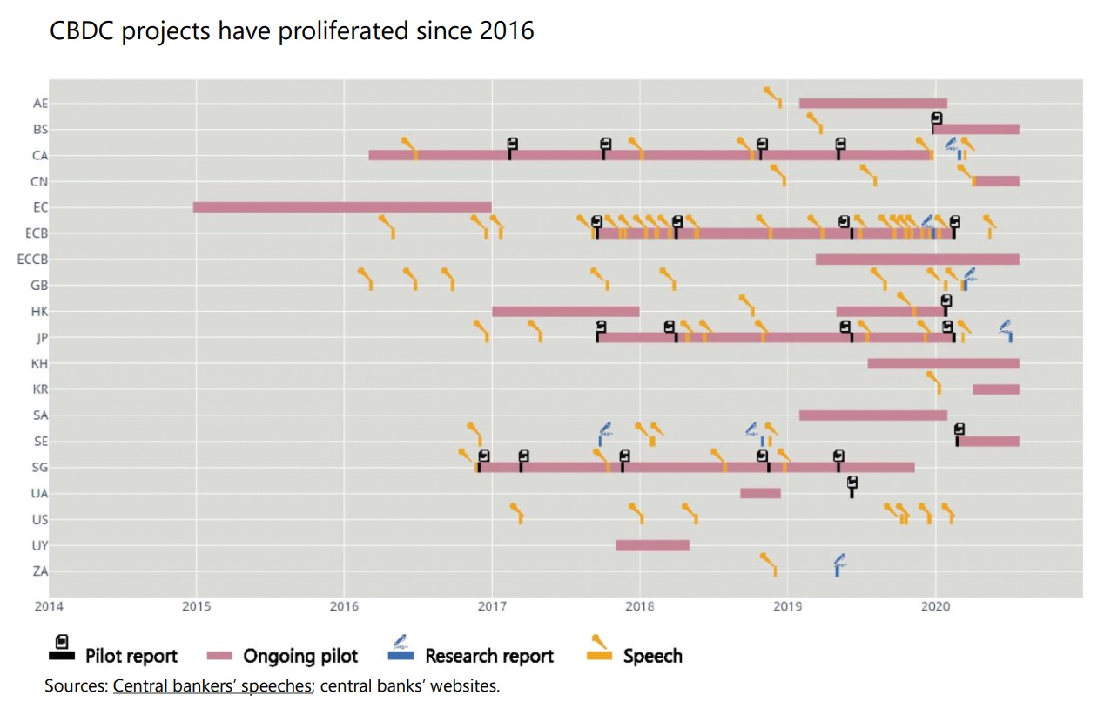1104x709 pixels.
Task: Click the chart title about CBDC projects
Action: (292, 31)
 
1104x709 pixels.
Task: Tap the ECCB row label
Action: (33, 260)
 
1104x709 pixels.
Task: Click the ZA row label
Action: (40, 571)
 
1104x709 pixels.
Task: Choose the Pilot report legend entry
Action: (115, 655)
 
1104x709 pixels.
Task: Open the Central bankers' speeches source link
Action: (212, 685)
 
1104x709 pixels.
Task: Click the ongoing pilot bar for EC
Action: (342, 207)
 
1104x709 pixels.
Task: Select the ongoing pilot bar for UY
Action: (652, 545)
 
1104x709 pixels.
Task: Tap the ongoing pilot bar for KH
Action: (943, 363)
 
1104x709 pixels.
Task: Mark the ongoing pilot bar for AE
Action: (872, 104)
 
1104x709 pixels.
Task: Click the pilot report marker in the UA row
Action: (852, 486)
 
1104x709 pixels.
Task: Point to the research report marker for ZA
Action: (838, 564)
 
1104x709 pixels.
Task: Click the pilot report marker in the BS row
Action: (936, 121)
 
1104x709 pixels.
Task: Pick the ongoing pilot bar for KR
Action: (995, 389)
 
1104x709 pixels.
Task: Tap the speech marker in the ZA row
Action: (771, 564)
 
